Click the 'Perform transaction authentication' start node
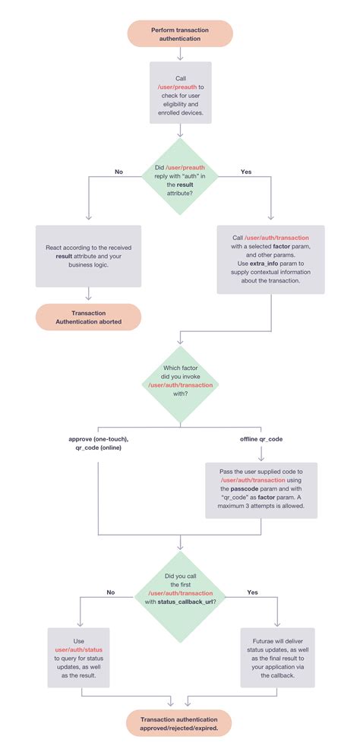[179, 34]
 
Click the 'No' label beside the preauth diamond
[118, 172]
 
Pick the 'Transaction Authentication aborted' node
[89, 317]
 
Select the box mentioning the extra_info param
[270, 259]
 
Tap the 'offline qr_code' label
[261, 440]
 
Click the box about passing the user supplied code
[262, 491]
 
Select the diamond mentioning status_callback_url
[179, 590]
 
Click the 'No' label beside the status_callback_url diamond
[111, 592]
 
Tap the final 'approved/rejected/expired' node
[179, 722]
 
